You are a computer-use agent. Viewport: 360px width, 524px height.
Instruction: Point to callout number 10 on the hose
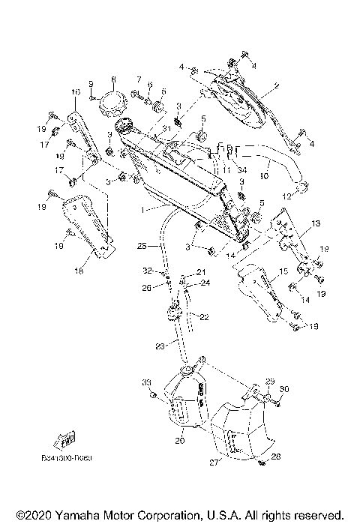tap(263, 177)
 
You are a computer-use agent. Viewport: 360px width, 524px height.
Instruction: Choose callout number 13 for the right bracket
tap(316, 223)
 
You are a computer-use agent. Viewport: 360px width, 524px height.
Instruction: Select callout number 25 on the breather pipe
tap(141, 245)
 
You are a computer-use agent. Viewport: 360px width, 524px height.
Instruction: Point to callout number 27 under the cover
tap(214, 463)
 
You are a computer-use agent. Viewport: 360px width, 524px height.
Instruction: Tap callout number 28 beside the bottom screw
tap(276, 457)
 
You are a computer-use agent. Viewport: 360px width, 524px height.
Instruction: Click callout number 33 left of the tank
tap(146, 383)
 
